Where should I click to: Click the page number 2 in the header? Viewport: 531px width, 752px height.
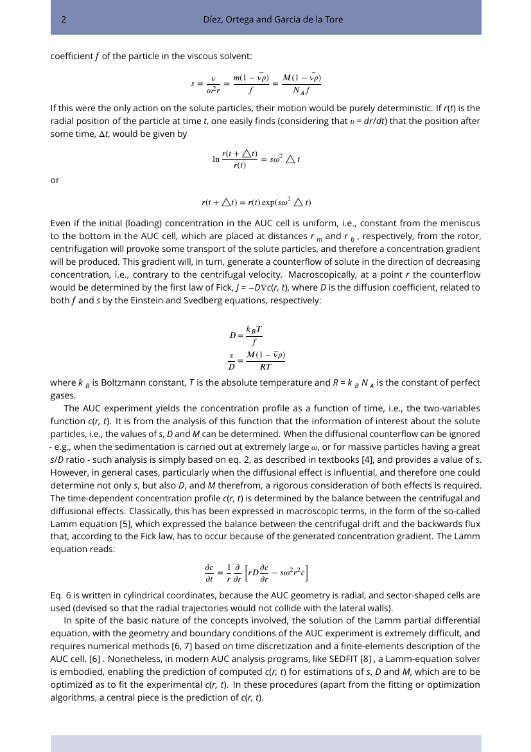coord(64,19)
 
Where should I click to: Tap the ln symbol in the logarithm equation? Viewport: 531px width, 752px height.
coord(216,159)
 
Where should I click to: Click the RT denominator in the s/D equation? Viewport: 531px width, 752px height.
coord(265,368)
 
